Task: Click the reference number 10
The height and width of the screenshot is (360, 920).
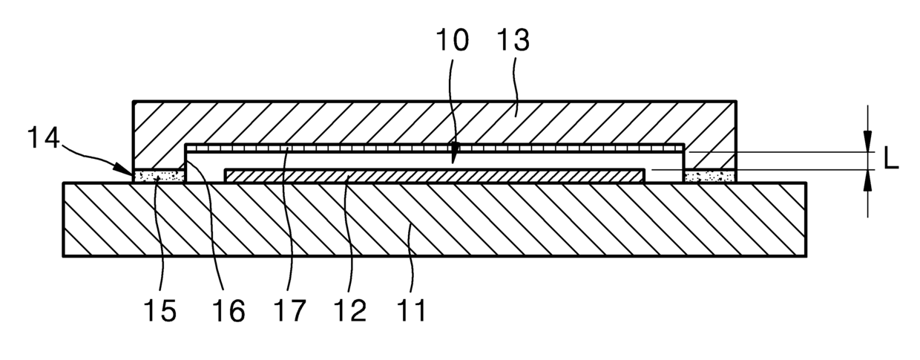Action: coord(453,42)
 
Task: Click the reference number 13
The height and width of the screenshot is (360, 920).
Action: coord(512,42)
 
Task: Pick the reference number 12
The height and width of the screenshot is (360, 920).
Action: coord(350,310)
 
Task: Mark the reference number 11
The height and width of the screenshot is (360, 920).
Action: coord(411,310)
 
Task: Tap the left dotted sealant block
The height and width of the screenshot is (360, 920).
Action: coord(158,177)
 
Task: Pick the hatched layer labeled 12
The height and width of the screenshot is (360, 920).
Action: coord(434,175)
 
